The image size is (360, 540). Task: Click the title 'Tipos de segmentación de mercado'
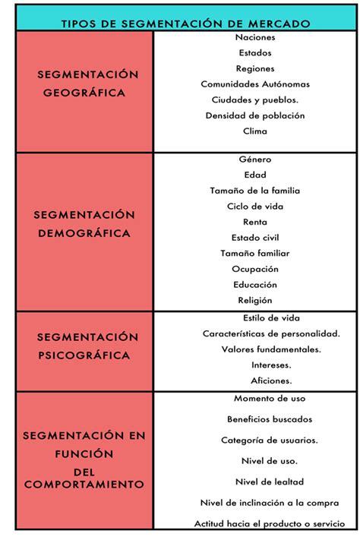point(185,24)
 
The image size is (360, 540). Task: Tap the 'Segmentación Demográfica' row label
point(84,224)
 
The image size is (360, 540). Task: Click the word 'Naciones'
point(255,36)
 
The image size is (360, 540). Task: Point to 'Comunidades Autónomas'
point(255,84)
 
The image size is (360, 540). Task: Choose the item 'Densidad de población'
point(255,115)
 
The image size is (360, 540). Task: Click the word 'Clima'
point(255,131)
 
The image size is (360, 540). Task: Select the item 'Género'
point(255,159)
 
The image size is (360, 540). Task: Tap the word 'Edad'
point(255,175)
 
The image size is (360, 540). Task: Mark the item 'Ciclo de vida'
point(255,206)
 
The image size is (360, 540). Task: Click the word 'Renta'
point(255,222)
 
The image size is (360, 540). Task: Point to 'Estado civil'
point(255,238)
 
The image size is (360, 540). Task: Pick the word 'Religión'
point(255,300)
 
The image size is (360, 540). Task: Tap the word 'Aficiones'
point(271,381)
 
